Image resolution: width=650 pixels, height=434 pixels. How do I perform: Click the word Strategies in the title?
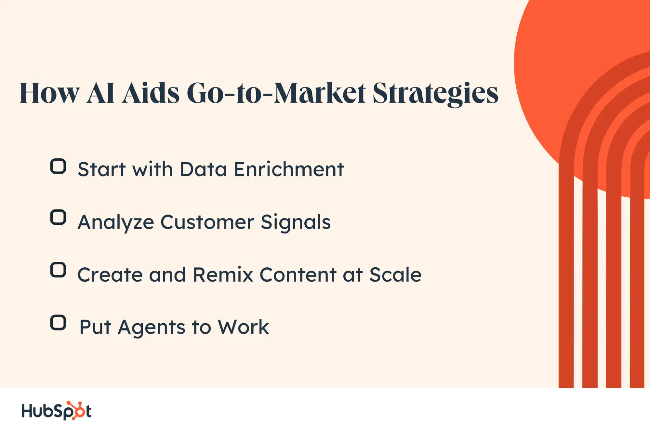(x=435, y=94)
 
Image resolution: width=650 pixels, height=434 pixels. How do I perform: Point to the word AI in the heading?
(x=100, y=93)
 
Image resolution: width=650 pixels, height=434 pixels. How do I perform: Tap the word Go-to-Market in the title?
(x=276, y=93)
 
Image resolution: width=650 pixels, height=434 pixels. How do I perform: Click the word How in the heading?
(x=49, y=93)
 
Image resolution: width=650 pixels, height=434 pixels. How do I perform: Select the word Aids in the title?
(x=151, y=93)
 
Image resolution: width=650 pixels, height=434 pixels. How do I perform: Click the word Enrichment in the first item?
(x=289, y=169)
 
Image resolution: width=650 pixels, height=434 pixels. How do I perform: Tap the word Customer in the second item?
(x=207, y=222)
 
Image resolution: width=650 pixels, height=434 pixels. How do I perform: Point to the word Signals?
(x=296, y=223)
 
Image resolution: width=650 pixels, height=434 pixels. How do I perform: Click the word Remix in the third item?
(x=223, y=275)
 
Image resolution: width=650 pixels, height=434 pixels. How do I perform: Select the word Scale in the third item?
(x=395, y=274)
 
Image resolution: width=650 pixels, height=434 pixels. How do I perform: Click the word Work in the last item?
(x=243, y=327)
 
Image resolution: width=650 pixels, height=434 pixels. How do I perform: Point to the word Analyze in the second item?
(x=116, y=223)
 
